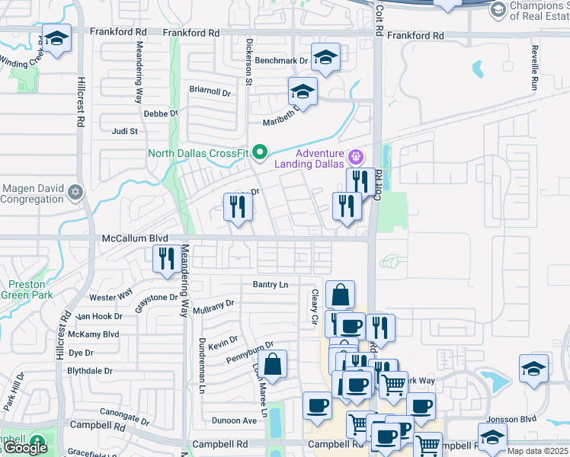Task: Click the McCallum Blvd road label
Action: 135,238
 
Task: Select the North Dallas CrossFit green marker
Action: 259,153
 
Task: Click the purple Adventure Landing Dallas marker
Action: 355,158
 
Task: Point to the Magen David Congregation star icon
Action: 75,192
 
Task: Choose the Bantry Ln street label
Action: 271,284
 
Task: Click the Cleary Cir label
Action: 313,308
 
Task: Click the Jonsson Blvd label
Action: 517,419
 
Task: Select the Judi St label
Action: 124,131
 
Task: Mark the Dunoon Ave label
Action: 234,420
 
